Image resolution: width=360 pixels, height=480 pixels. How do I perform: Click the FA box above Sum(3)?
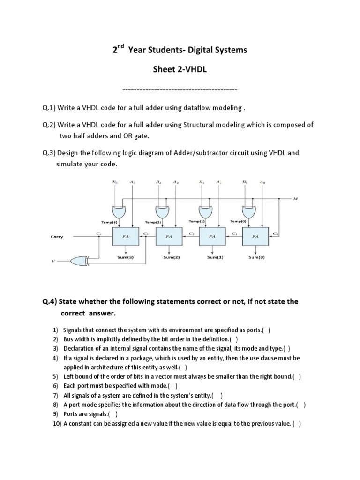point(126,237)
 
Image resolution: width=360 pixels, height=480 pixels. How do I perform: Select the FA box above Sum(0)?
point(255,237)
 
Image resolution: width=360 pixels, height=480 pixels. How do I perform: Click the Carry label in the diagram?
point(57,237)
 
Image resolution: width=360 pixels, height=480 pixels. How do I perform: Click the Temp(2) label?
point(153,222)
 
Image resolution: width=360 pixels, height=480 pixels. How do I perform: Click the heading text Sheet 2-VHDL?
point(180,69)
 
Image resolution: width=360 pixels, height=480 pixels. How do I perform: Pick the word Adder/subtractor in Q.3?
point(193,153)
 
